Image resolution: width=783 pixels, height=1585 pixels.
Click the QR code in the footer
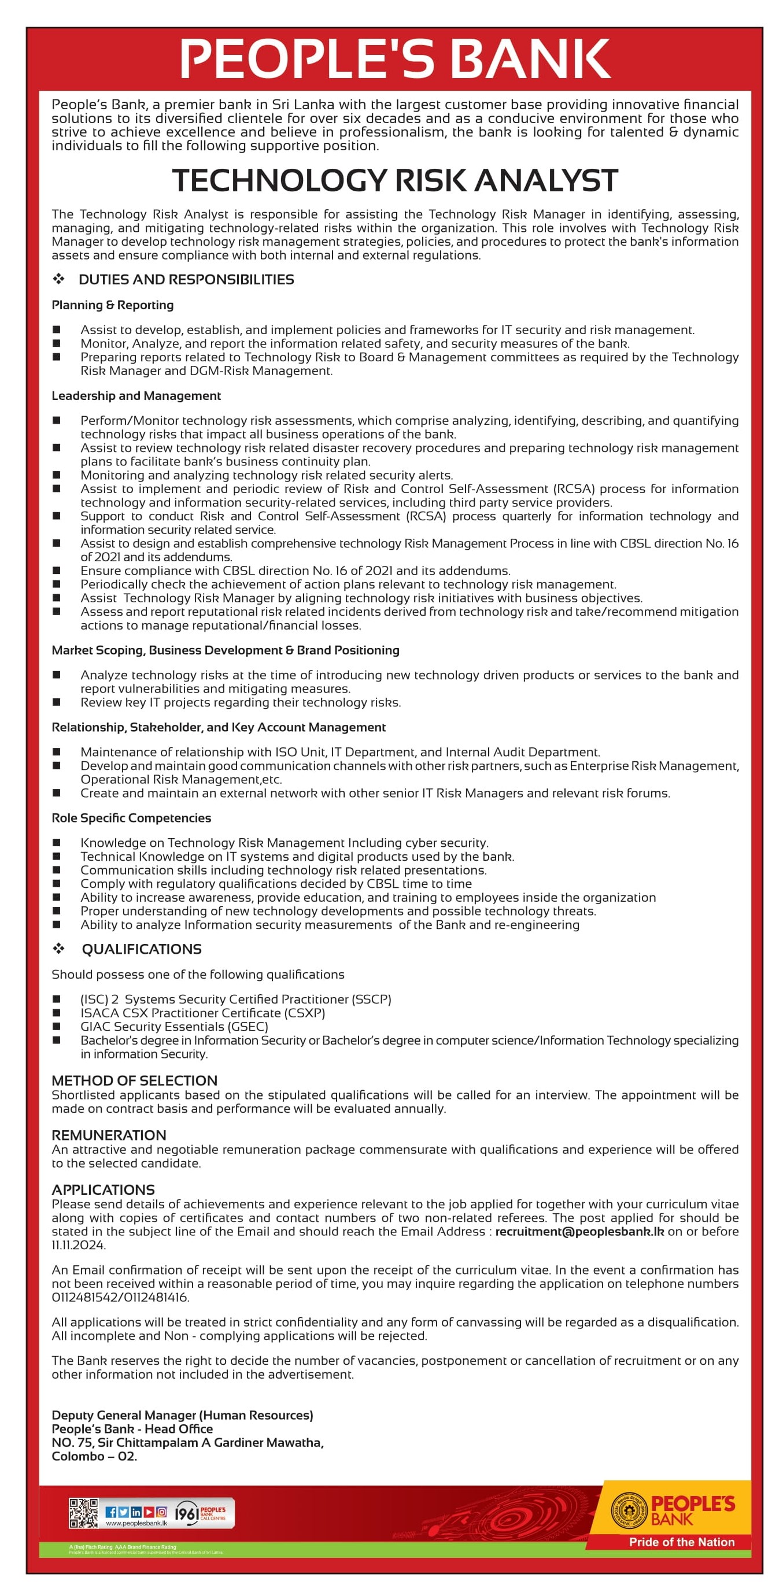[83, 1513]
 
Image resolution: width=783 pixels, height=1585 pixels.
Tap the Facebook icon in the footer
[112, 1512]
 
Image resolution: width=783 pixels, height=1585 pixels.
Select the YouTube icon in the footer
[149, 1512]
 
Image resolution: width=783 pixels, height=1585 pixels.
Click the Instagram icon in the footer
[161, 1512]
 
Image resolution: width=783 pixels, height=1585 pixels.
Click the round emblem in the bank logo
[629, 1511]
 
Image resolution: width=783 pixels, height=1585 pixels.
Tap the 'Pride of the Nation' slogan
[681, 1542]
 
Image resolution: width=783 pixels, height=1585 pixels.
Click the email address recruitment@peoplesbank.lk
[579, 1231]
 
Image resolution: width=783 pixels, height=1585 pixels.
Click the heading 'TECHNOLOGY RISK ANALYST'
[394, 180]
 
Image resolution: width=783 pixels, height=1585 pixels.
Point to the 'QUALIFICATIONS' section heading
[142, 949]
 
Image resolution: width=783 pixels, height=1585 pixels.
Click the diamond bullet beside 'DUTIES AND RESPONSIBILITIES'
[58, 279]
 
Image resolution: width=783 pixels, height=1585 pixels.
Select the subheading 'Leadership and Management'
[136, 395]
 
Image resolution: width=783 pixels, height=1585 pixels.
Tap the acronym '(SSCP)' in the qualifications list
[371, 999]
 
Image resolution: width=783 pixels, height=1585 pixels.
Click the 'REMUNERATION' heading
[109, 1135]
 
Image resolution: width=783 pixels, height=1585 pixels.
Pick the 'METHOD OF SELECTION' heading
[134, 1080]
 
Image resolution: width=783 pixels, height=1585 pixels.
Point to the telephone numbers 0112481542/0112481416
[120, 1297]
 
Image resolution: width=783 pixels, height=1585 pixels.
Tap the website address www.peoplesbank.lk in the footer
[136, 1524]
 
